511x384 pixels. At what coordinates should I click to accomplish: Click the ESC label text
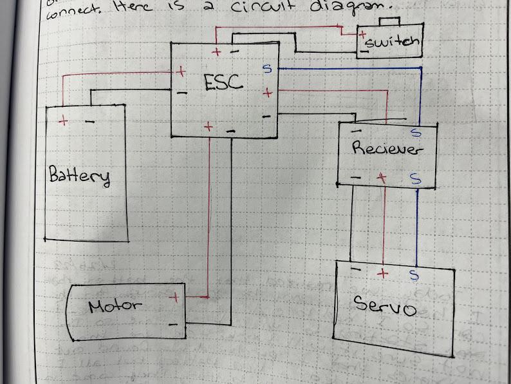(223, 82)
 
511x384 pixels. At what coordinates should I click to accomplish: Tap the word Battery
(79, 175)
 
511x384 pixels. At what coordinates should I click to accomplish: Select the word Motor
(115, 305)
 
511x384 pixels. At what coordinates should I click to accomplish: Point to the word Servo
(385, 306)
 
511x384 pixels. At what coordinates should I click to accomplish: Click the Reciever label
(387, 148)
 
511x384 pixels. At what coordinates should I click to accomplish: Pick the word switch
(391, 44)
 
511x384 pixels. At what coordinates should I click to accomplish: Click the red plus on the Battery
(63, 120)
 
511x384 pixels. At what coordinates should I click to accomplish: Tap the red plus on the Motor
(173, 298)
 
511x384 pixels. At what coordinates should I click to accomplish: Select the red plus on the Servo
(383, 273)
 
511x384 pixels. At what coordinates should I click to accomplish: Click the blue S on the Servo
(413, 276)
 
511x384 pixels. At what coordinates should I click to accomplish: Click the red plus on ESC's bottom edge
(208, 128)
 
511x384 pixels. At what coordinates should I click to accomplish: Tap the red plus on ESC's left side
(181, 72)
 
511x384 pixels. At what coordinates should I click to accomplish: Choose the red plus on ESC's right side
(267, 94)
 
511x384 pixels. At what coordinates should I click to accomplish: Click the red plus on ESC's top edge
(216, 52)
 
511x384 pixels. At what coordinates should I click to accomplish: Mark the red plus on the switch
(363, 34)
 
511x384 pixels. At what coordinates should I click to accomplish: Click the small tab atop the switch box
(389, 23)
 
